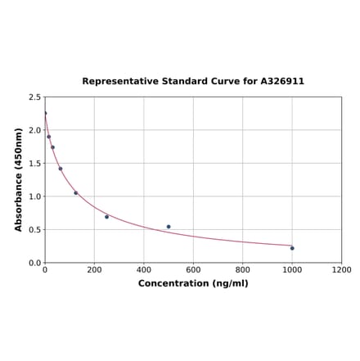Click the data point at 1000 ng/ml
(x=292, y=248)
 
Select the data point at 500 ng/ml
(x=169, y=227)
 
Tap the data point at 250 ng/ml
(x=106, y=217)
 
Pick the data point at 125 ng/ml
(x=76, y=193)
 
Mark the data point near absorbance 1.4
(x=60, y=169)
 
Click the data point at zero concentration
(x=45, y=113)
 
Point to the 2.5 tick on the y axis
(x=35, y=97)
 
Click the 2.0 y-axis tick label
(x=35, y=130)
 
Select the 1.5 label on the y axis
(x=35, y=163)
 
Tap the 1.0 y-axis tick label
(x=35, y=196)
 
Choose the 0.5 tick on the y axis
(x=35, y=229)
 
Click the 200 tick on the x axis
(x=94, y=270)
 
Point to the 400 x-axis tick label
(x=144, y=270)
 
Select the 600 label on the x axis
(x=193, y=270)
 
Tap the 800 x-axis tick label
(x=243, y=270)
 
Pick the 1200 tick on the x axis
(x=341, y=270)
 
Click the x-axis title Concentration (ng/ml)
(x=193, y=283)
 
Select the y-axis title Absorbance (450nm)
(x=19, y=179)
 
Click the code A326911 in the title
(x=282, y=82)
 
